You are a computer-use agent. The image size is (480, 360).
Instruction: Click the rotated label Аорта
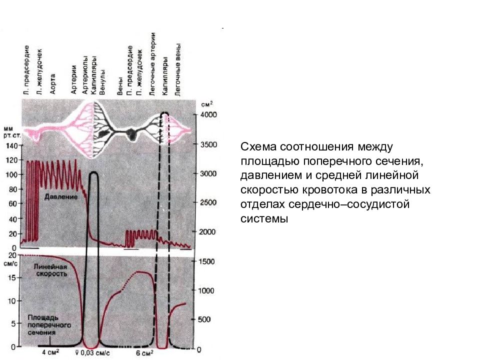pos(52,84)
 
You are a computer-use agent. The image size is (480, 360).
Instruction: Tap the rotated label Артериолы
pos(85,75)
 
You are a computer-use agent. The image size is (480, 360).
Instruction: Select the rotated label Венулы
pos(102,82)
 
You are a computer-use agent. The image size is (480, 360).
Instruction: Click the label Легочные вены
pos(177,70)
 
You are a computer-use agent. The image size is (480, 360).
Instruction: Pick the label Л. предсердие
pos(26,70)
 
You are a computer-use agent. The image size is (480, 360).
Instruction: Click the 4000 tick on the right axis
pos(208,114)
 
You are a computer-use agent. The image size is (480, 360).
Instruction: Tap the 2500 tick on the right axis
pos(208,202)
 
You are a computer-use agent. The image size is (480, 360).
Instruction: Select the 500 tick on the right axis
pos(204,319)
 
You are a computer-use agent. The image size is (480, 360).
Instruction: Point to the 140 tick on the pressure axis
pos(12,145)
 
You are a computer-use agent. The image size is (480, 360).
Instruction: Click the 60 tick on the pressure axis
pos(13,203)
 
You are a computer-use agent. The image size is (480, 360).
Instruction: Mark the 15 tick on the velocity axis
pos(11,278)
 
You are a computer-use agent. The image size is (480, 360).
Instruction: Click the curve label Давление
pos(61,196)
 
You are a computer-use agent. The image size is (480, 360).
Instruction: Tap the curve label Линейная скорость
pos(51,270)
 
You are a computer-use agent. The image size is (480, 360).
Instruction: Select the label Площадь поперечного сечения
pos(49,325)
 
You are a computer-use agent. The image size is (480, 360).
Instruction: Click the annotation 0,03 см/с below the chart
pos(94,353)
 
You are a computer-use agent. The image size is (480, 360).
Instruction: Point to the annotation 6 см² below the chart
pos(144,353)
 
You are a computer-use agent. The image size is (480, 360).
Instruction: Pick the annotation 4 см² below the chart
pos(50,352)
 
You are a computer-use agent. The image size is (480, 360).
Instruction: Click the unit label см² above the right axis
pos(207,104)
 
